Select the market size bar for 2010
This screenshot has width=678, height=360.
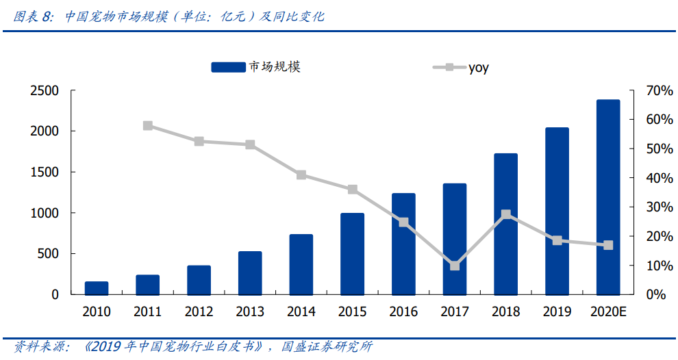point(96,288)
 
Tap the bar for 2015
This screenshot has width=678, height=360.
point(352,254)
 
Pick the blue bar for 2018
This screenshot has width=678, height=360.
point(505,224)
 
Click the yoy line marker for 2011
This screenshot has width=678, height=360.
point(148,126)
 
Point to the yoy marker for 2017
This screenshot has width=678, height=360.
point(455,266)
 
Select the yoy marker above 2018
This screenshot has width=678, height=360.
point(505,214)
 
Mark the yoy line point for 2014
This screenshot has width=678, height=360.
point(301,175)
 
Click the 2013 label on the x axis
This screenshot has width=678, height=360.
point(250,312)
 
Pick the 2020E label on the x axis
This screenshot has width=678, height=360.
point(608,312)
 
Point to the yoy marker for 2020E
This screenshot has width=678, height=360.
point(608,245)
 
